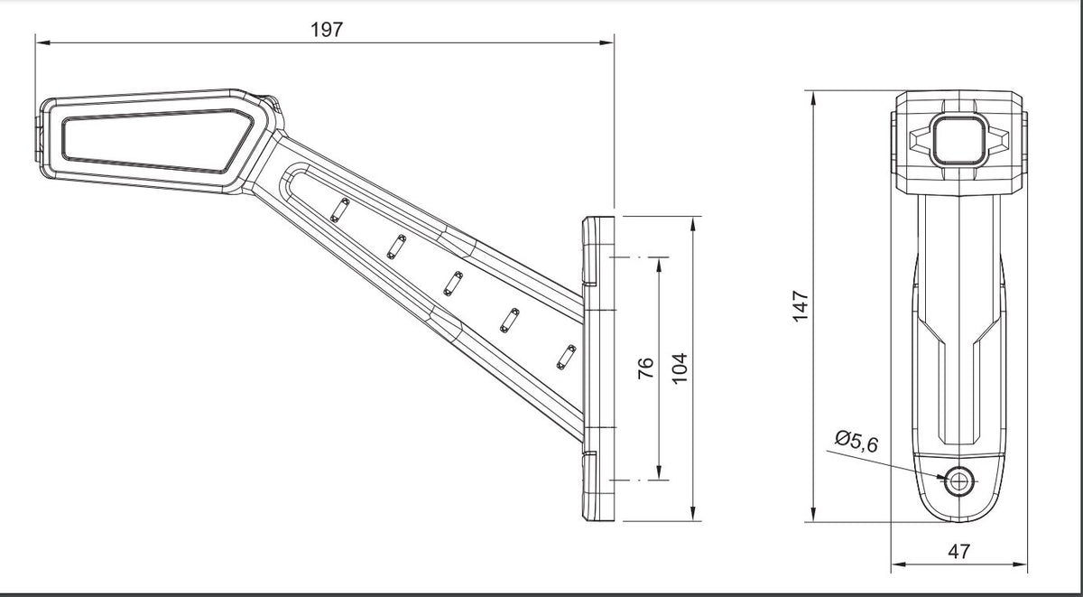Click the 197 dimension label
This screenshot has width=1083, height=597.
(x=327, y=30)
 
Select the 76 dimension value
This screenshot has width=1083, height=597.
(x=646, y=368)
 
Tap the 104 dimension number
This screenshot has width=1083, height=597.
(x=680, y=368)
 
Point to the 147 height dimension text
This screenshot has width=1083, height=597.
(x=801, y=306)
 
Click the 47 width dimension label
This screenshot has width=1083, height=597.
(x=959, y=552)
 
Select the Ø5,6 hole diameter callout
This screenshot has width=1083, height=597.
(x=856, y=442)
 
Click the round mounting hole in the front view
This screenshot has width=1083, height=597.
(x=958, y=481)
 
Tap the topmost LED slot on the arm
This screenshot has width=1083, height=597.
(x=340, y=210)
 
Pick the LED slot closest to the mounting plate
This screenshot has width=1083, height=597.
(x=566, y=357)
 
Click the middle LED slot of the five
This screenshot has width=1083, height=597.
(x=453, y=284)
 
